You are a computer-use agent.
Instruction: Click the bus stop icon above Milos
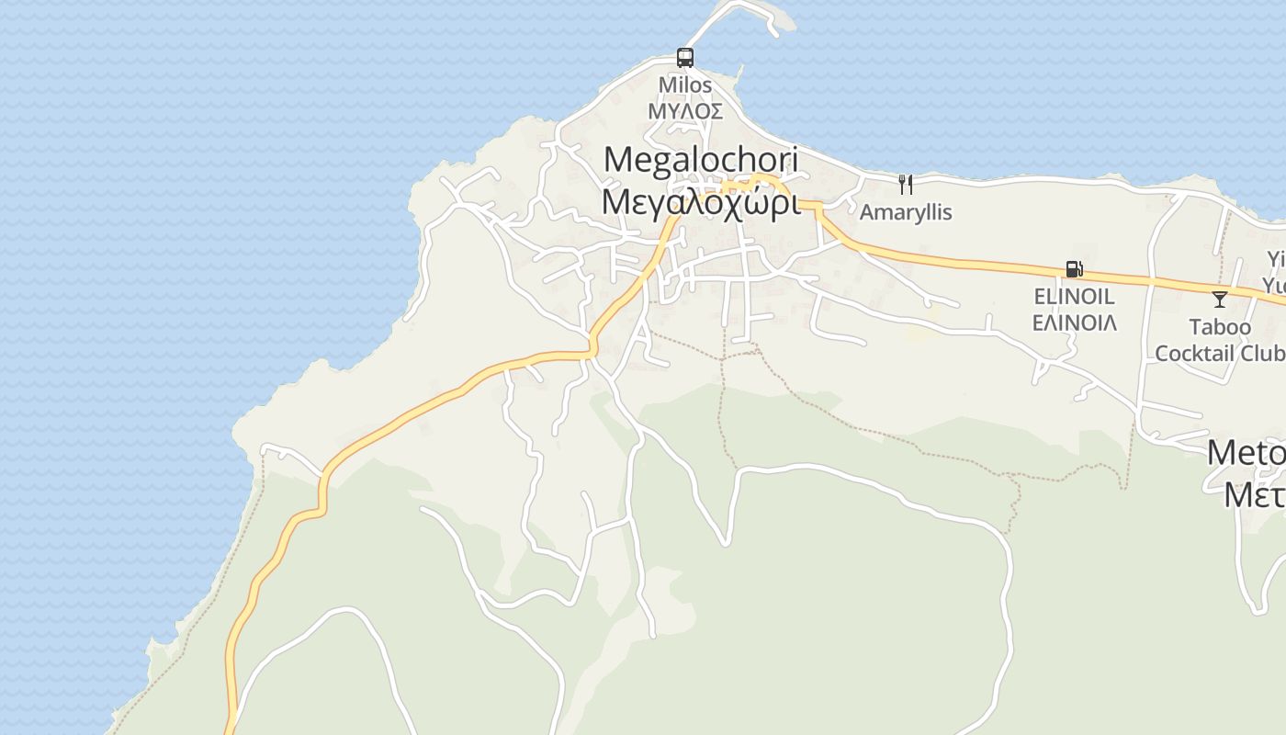tap(685, 58)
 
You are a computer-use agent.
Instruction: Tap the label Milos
tap(685, 85)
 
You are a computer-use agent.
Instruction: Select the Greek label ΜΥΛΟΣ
tap(685, 112)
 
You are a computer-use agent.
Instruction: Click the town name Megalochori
tap(701, 160)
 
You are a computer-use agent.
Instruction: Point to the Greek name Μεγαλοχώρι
tap(700, 202)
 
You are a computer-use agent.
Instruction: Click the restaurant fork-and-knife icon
tap(906, 185)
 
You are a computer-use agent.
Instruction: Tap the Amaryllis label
tap(906, 212)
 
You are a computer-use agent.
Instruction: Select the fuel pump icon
tap(1074, 269)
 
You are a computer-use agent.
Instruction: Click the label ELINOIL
tap(1074, 297)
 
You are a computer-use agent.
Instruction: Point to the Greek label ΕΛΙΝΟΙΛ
tap(1074, 322)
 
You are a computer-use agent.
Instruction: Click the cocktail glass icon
tap(1220, 300)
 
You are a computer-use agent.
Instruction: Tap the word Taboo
tap(1220, 327)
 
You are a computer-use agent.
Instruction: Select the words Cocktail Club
tap(1219, 353)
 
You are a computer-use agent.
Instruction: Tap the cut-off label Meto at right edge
tap(1247, 453)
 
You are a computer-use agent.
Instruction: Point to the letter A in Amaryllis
tap(866, 212)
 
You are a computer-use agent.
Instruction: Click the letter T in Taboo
tap(1195, 327)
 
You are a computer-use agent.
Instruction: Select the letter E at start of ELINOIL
tap(1039, 297)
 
